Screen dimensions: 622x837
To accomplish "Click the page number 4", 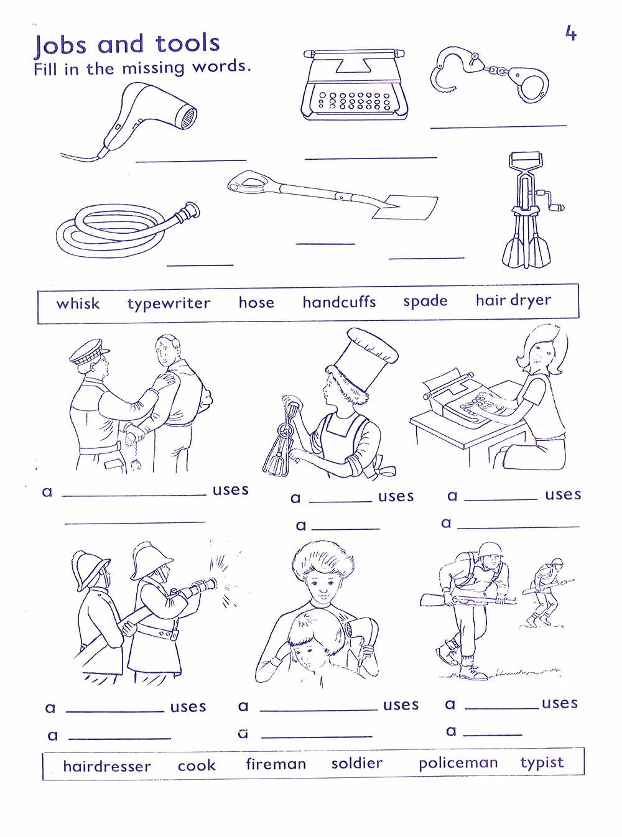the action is [x=570, y=33].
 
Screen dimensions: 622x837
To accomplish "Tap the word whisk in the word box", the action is [x=78, y=303].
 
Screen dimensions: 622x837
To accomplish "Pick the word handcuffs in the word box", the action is [x=339, y=302].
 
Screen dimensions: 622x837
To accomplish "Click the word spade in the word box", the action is [x=425, y=302].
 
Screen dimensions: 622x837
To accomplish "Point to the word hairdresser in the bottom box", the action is [x=107, y=766].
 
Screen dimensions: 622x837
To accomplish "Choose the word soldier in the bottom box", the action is [x=356, y=763].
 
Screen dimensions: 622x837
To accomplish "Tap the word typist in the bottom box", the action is [x=542, y=762].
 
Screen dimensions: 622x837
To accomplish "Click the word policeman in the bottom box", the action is [x=458, y=763].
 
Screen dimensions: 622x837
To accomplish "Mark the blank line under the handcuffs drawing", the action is [x=498, y=126].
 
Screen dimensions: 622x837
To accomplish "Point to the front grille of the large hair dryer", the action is [x=188, y=117].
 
